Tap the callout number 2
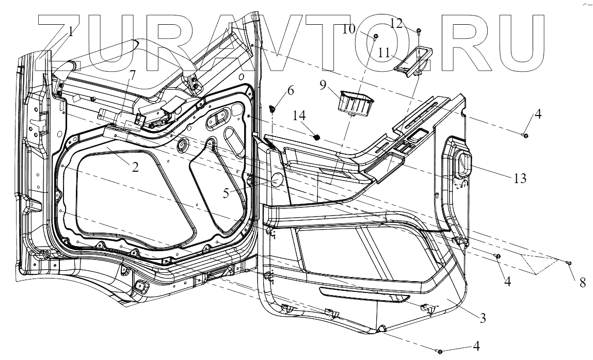(x=135, y=167)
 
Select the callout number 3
(x=483, y=318)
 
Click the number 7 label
(x=133, y=74)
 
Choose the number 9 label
(x=323, y=85)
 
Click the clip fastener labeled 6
(x=273, y=109)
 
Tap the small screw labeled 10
(x=376, y=36)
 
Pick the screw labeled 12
(x=419, y=32)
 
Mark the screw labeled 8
(x=568, y=264)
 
